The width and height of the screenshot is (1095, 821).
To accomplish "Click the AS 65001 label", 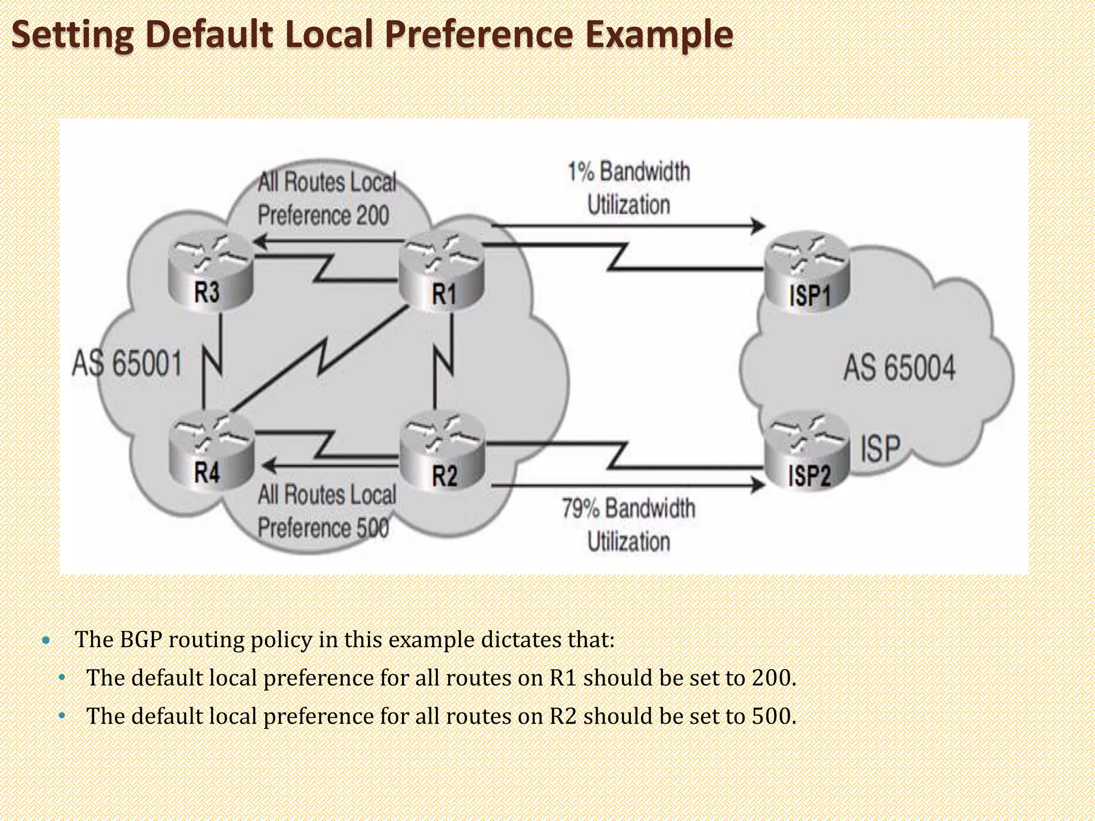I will click(127, 363).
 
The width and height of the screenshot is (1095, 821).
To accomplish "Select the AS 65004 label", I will click(899, 368).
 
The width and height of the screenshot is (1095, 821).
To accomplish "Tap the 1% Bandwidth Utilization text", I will click(629, 188).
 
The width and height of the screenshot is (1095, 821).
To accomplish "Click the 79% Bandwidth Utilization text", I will click(629, 524).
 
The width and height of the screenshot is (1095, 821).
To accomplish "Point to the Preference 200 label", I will click(323, 215).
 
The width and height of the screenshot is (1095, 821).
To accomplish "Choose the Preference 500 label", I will click(323, 528).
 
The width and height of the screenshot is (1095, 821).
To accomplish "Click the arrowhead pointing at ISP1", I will click(758, 226).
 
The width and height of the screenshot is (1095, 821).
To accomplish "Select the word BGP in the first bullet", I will click(141, 639).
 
